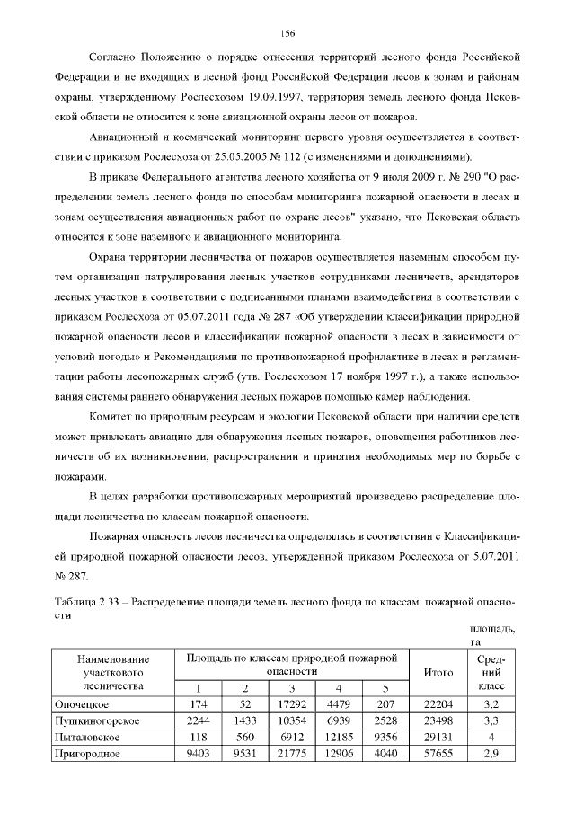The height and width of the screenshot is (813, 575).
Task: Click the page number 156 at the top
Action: click(287, 33)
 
